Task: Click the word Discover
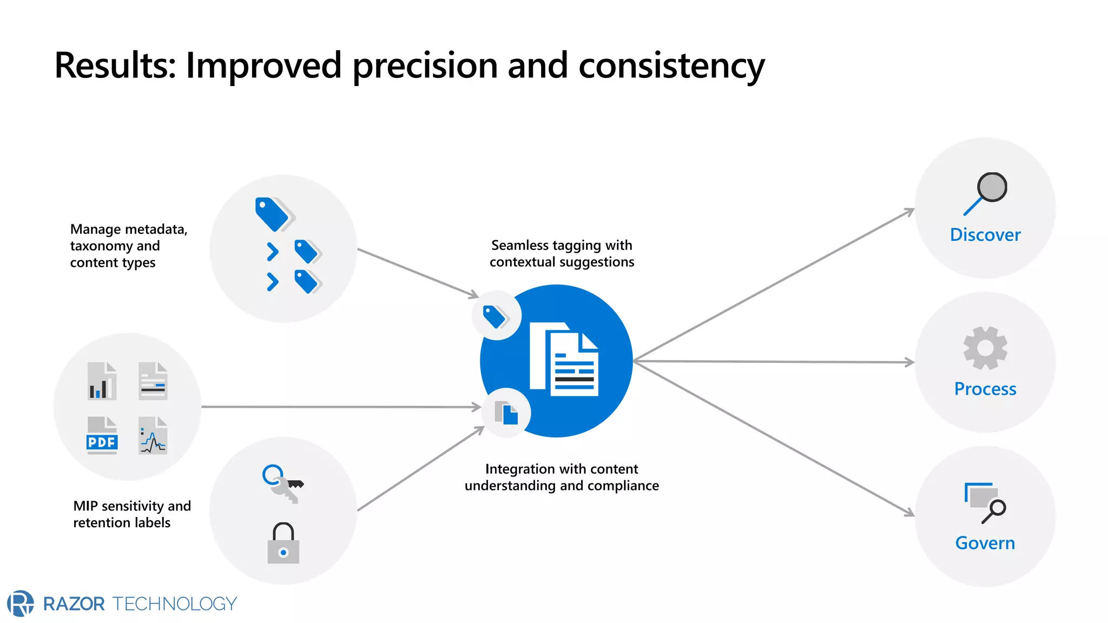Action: pyautogui.click(x=985, y=235)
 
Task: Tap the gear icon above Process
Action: pyautogui.click(x=985, y=348)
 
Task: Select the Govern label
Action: pyautogui.click(x=985, y=543)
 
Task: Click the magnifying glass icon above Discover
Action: pyautogui.click(x=986, y=193)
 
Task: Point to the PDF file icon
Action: pyautogui.click(x=102, y=435)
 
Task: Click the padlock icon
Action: pyautogui.click(x=283, y=544)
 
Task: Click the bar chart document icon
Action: pyautogui.click(x=102, y=381)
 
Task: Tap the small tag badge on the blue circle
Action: pyautogui.click(x=496, y=316)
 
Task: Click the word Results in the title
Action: pyautogui.click(x=115, y=66)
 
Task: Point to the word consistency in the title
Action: pyautogui.click(x=671, y=66)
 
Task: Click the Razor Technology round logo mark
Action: pyautogui.click(x=21, y=603)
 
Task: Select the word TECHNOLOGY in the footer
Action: pyautogui.click(x=174, y=604)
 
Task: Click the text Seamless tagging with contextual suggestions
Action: pyautogui.click(x=562, y=254)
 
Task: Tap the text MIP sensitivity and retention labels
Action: pyautogui.click(x=131, y=514)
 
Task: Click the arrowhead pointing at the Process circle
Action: pyautogui.click(x=910, y=362)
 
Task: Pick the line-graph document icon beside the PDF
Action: pyautogui.click(x=153, y=435)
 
